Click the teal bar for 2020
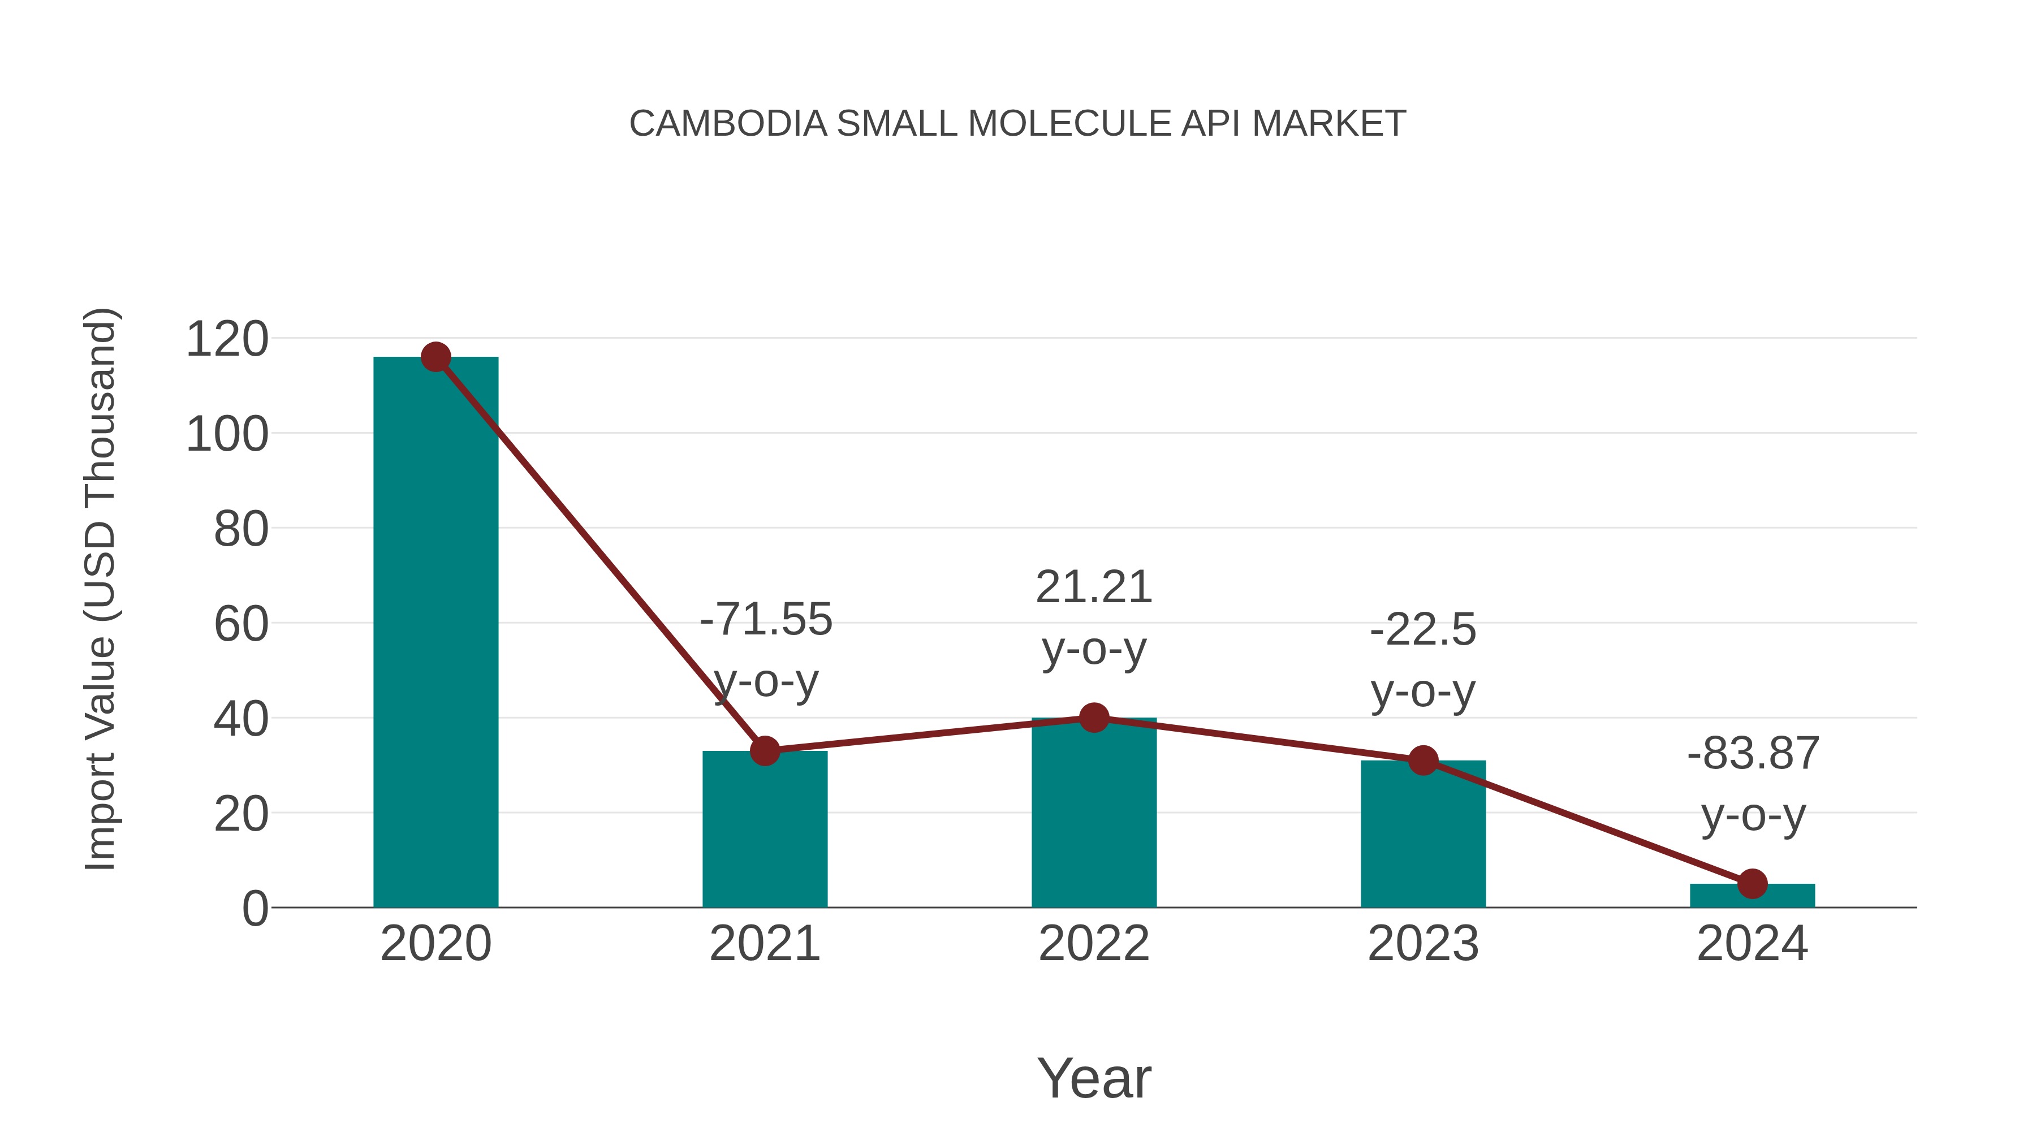click(435, 632)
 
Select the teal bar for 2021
click(764, 829)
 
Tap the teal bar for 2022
click(1094, 814)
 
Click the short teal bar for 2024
click(1752, 896)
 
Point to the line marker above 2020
click(435, 357)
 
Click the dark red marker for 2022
click(1094, 718)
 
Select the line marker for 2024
click(1752, 883)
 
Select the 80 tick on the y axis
click(241, 529)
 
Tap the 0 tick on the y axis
click(255, 908)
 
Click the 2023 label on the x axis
click(1423, 944)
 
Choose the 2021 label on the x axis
click(764, 944)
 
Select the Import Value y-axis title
click(101, 589)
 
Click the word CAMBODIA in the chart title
click(727, 124)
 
